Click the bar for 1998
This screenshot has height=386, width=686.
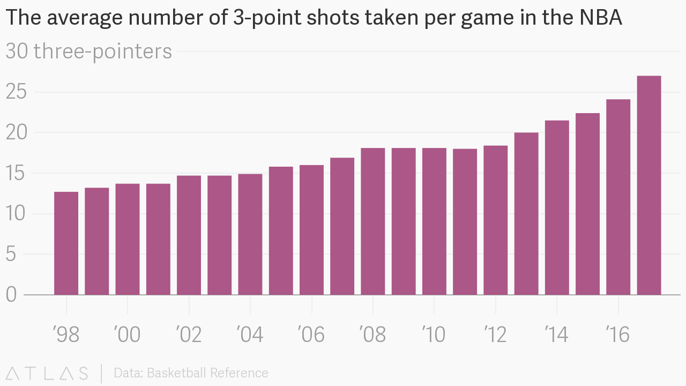coord(66,243)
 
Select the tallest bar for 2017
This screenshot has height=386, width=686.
coord(649,185)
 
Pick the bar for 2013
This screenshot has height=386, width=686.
coord(526,214)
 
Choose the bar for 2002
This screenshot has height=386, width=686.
coord(189,235)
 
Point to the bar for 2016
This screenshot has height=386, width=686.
coord(618,197)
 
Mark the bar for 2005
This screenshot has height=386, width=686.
coord(281,231)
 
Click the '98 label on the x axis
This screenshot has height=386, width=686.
coord(66,335)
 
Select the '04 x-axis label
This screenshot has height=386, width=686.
coord(250,335)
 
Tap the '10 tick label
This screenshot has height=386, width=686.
coord(434,335)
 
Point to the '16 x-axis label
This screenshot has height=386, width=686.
coord(618,335)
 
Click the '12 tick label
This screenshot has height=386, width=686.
coord(495,335)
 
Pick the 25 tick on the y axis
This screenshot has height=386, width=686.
coord(16,92)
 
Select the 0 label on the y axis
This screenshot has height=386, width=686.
coord(11,295)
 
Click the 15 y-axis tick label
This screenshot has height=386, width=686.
coord(16,174)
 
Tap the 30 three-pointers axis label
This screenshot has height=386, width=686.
coord(89,51)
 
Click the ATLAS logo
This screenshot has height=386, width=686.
coord(47,373)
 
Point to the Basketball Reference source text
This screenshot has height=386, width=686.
coord(191,373)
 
